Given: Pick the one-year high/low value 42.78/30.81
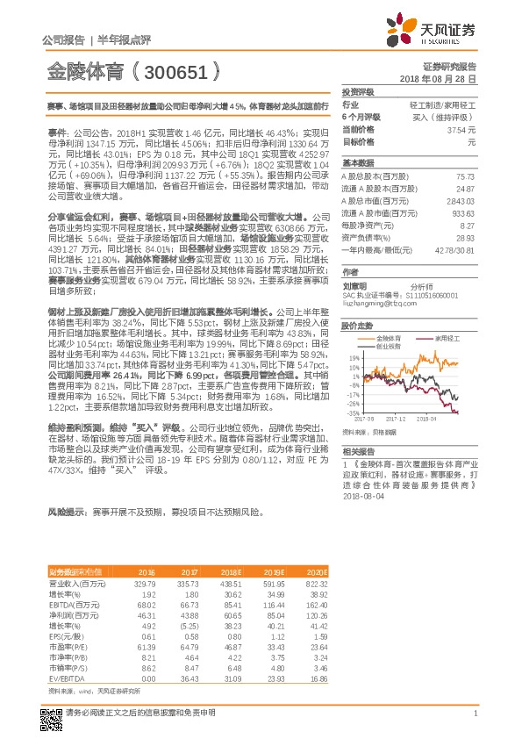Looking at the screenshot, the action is [457, 250].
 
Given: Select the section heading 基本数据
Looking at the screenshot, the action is [357, 163].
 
